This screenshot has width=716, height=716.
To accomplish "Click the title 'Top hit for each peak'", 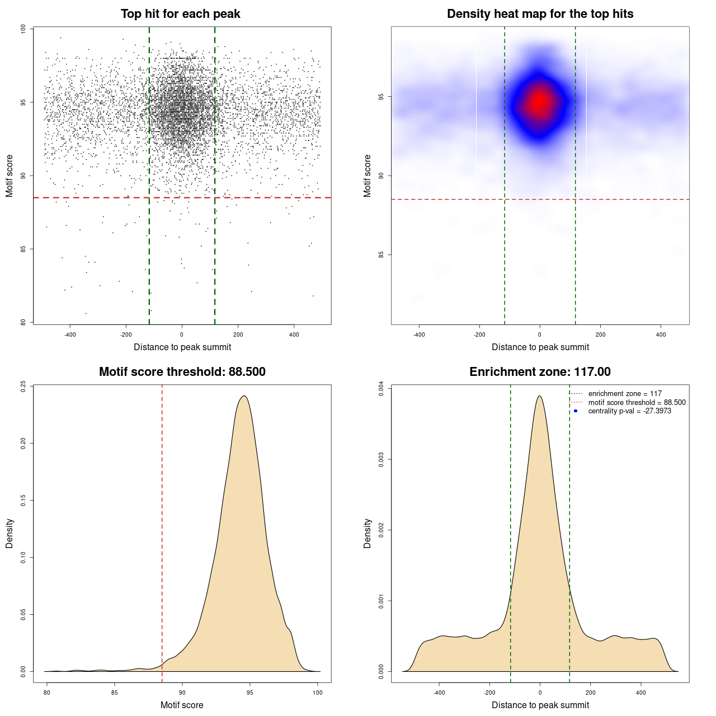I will pos(180,14).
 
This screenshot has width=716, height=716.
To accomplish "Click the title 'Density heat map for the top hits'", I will pos(540,14).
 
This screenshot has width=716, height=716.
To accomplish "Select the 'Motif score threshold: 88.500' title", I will pos(182,372).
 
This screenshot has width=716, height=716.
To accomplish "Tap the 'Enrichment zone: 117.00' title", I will pos(540,372).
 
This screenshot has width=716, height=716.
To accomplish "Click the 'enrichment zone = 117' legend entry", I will pos(624,394).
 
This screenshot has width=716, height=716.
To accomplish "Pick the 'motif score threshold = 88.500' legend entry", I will pos(637,403).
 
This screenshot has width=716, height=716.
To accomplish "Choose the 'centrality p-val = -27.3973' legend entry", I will pos(629,411).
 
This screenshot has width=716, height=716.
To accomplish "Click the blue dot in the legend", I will pos(576,411).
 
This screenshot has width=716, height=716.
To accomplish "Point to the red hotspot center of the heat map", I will pos(539,101).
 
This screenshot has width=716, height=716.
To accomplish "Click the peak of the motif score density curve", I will pos(244,396).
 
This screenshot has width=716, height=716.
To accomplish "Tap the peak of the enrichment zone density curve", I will pos(539,396).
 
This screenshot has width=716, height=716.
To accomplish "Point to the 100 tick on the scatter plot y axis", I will pos(23,29).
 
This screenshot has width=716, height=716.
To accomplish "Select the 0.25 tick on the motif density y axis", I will pos(23,387).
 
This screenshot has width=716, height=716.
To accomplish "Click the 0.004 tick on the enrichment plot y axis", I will pos(381,389).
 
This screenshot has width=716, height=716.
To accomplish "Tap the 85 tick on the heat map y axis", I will pos(381,255).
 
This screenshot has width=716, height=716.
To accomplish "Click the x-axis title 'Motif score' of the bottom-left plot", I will pos(182,705).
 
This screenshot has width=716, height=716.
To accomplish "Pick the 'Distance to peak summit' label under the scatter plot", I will pos(182,347).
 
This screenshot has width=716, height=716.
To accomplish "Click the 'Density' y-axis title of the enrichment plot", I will pos(368,533).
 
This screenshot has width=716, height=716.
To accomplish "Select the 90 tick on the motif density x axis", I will pos(182,693).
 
